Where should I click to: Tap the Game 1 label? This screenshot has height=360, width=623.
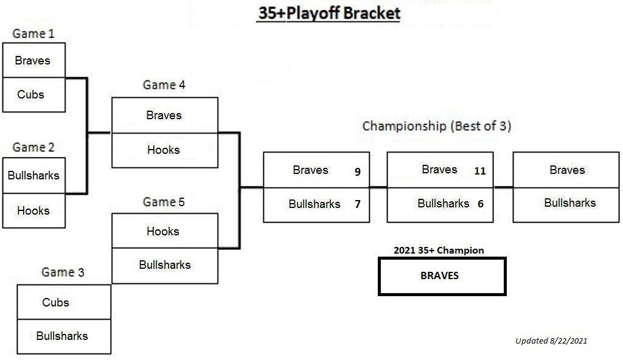(33, 33)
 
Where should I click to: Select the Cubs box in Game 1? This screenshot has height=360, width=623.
(34, 95)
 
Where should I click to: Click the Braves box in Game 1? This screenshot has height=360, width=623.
(34, 60)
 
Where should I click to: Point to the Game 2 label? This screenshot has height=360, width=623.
(33, 147)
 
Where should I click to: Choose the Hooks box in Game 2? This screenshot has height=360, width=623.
(34, 210)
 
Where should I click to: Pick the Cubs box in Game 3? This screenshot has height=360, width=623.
(64, 302)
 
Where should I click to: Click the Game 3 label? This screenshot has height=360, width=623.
(63, 272)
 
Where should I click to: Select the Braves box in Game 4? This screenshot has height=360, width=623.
(165, 115)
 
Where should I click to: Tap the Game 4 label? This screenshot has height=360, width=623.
(164, 85)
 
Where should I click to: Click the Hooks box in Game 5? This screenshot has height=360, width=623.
(165, 231)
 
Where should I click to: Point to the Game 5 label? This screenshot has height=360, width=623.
(164, 202)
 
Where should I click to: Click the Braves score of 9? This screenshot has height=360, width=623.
(358, 171)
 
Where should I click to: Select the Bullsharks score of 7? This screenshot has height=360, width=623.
(358, 204)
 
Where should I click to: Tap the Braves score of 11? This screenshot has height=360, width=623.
(480, 171)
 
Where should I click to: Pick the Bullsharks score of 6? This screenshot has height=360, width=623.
(481, 204)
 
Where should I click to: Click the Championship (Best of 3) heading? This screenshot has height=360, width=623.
(437, 126)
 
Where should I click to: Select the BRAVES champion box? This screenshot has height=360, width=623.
(442, 276)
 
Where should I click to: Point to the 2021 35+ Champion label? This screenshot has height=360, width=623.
(439, 251)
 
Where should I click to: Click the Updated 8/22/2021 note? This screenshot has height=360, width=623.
(551, 341)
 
